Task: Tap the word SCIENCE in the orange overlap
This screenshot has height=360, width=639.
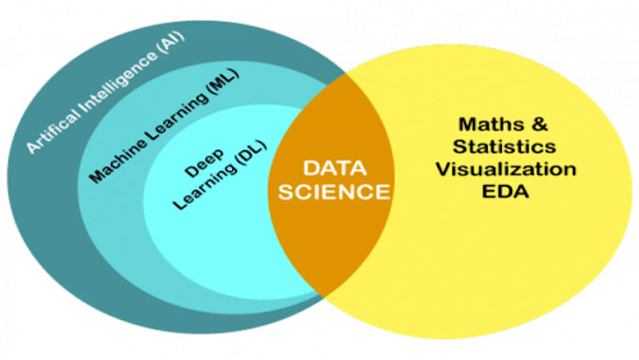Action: [331, 192]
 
